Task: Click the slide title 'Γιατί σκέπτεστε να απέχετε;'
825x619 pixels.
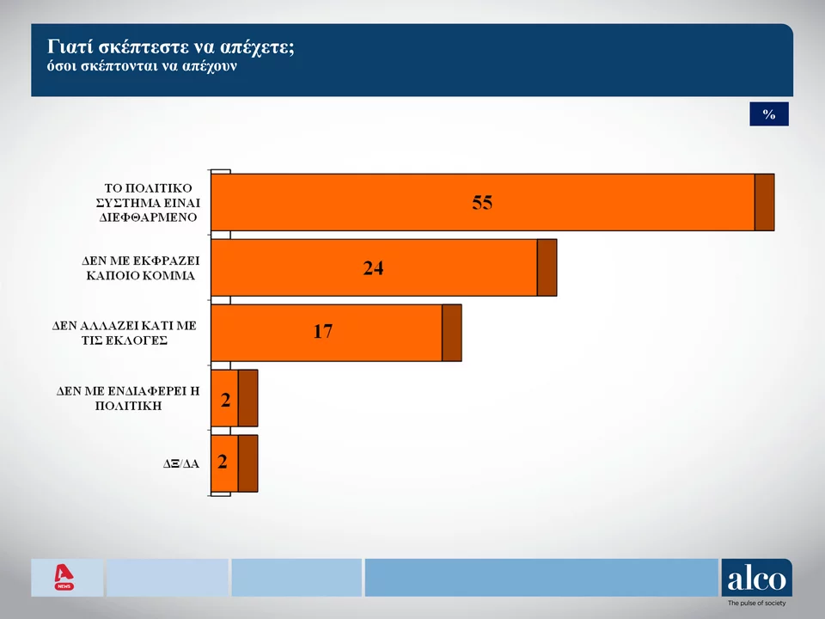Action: point(171,46)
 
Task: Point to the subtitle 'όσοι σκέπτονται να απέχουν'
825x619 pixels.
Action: point(141,66)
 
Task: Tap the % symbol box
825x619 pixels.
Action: point(768,114)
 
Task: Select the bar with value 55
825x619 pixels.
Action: point(482,202)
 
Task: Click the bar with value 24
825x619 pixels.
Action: point(374,267)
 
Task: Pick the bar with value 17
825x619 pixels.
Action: point(326,333)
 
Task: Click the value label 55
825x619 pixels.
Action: point(482,202)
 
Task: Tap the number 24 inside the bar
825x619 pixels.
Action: point(373,267)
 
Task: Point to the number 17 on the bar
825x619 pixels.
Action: point(322,332)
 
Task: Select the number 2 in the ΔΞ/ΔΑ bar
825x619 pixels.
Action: point(223,463)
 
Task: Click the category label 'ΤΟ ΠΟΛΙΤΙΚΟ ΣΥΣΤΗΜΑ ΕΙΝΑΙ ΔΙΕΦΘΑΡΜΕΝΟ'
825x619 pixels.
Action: point(147,202)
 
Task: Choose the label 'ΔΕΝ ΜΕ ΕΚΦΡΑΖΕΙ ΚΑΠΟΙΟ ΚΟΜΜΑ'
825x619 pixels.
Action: point(141,267)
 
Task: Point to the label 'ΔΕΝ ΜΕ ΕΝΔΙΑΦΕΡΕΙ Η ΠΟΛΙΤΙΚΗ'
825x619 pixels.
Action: point(128,397)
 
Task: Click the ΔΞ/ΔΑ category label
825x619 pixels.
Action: point(181,463)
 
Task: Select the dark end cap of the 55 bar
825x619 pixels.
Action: point(764,202)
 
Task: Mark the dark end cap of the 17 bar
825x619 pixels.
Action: point(451,333)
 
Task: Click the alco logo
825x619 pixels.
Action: point(756,579)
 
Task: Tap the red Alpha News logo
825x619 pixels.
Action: point(63,577)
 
